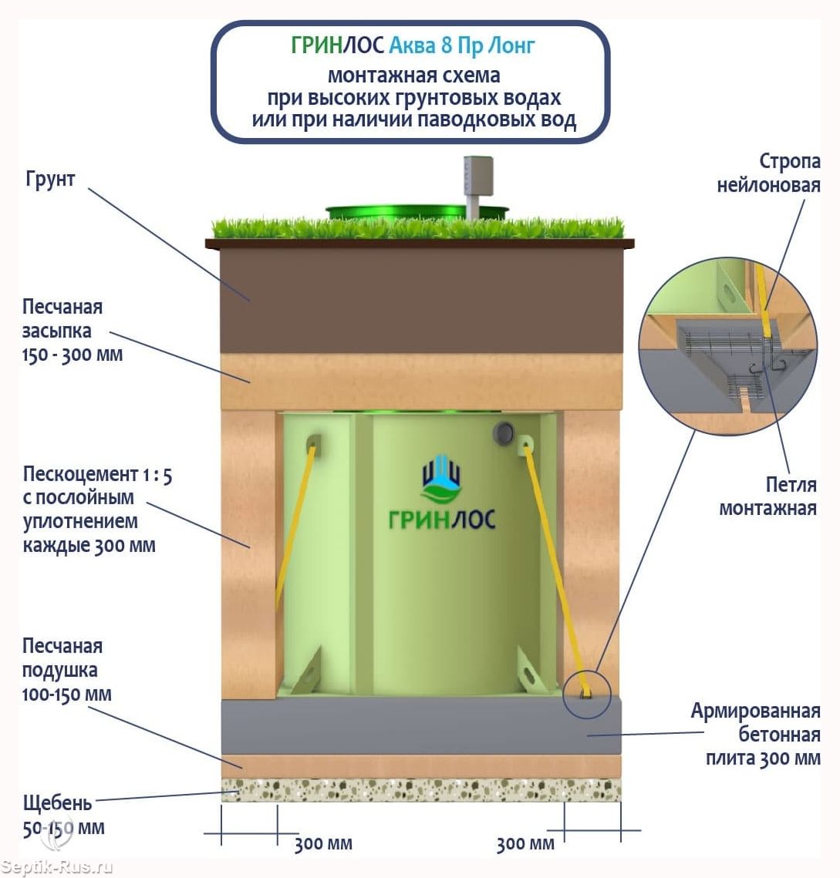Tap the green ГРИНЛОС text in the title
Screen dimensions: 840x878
(x=337, y=45)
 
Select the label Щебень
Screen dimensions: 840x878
(x=56, y=803)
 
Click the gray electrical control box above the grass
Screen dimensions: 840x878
(x=478, y=176)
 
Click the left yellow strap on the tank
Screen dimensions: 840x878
(x=294, y=523)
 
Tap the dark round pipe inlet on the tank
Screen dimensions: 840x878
(x=503, y=433)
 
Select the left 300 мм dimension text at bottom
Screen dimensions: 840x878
(x=323, y=844)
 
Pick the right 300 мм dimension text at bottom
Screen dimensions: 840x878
(x=525, y=844)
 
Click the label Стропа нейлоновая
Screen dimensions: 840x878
(x=768, y=173)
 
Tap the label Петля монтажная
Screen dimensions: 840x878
(x=767, y=496)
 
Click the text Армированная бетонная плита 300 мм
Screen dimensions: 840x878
(x=755, y=734)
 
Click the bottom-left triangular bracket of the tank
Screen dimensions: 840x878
(x=306, y=671)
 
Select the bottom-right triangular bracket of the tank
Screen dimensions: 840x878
(x=532, y=671)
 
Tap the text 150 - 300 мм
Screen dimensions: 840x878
(x=73, y=355)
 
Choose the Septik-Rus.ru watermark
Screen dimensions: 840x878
(x=56, y=867)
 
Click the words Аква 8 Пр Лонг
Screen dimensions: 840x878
(x=462, y=45)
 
